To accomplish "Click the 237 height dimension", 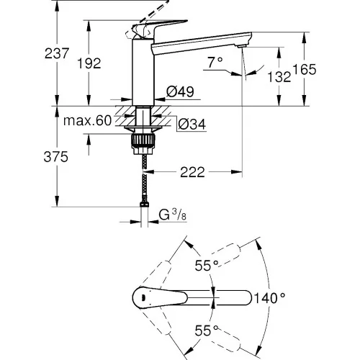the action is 57,53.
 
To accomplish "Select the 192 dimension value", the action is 89,63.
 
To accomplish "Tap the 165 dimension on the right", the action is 305,70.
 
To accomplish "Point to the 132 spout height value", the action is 279,77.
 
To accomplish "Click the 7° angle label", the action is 215,63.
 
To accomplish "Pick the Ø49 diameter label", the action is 180,91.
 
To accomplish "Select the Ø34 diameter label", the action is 192,124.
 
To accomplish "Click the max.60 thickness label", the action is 88,121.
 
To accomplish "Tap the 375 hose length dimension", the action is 56,157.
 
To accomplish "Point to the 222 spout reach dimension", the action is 193,172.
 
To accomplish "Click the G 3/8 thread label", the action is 173,215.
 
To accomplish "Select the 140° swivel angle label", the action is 269,298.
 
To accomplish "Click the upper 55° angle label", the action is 207,266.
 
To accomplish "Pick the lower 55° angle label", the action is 207,330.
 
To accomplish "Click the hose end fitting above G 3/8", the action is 144,204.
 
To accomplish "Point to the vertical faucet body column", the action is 143,72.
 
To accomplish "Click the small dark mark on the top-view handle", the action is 143,298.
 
